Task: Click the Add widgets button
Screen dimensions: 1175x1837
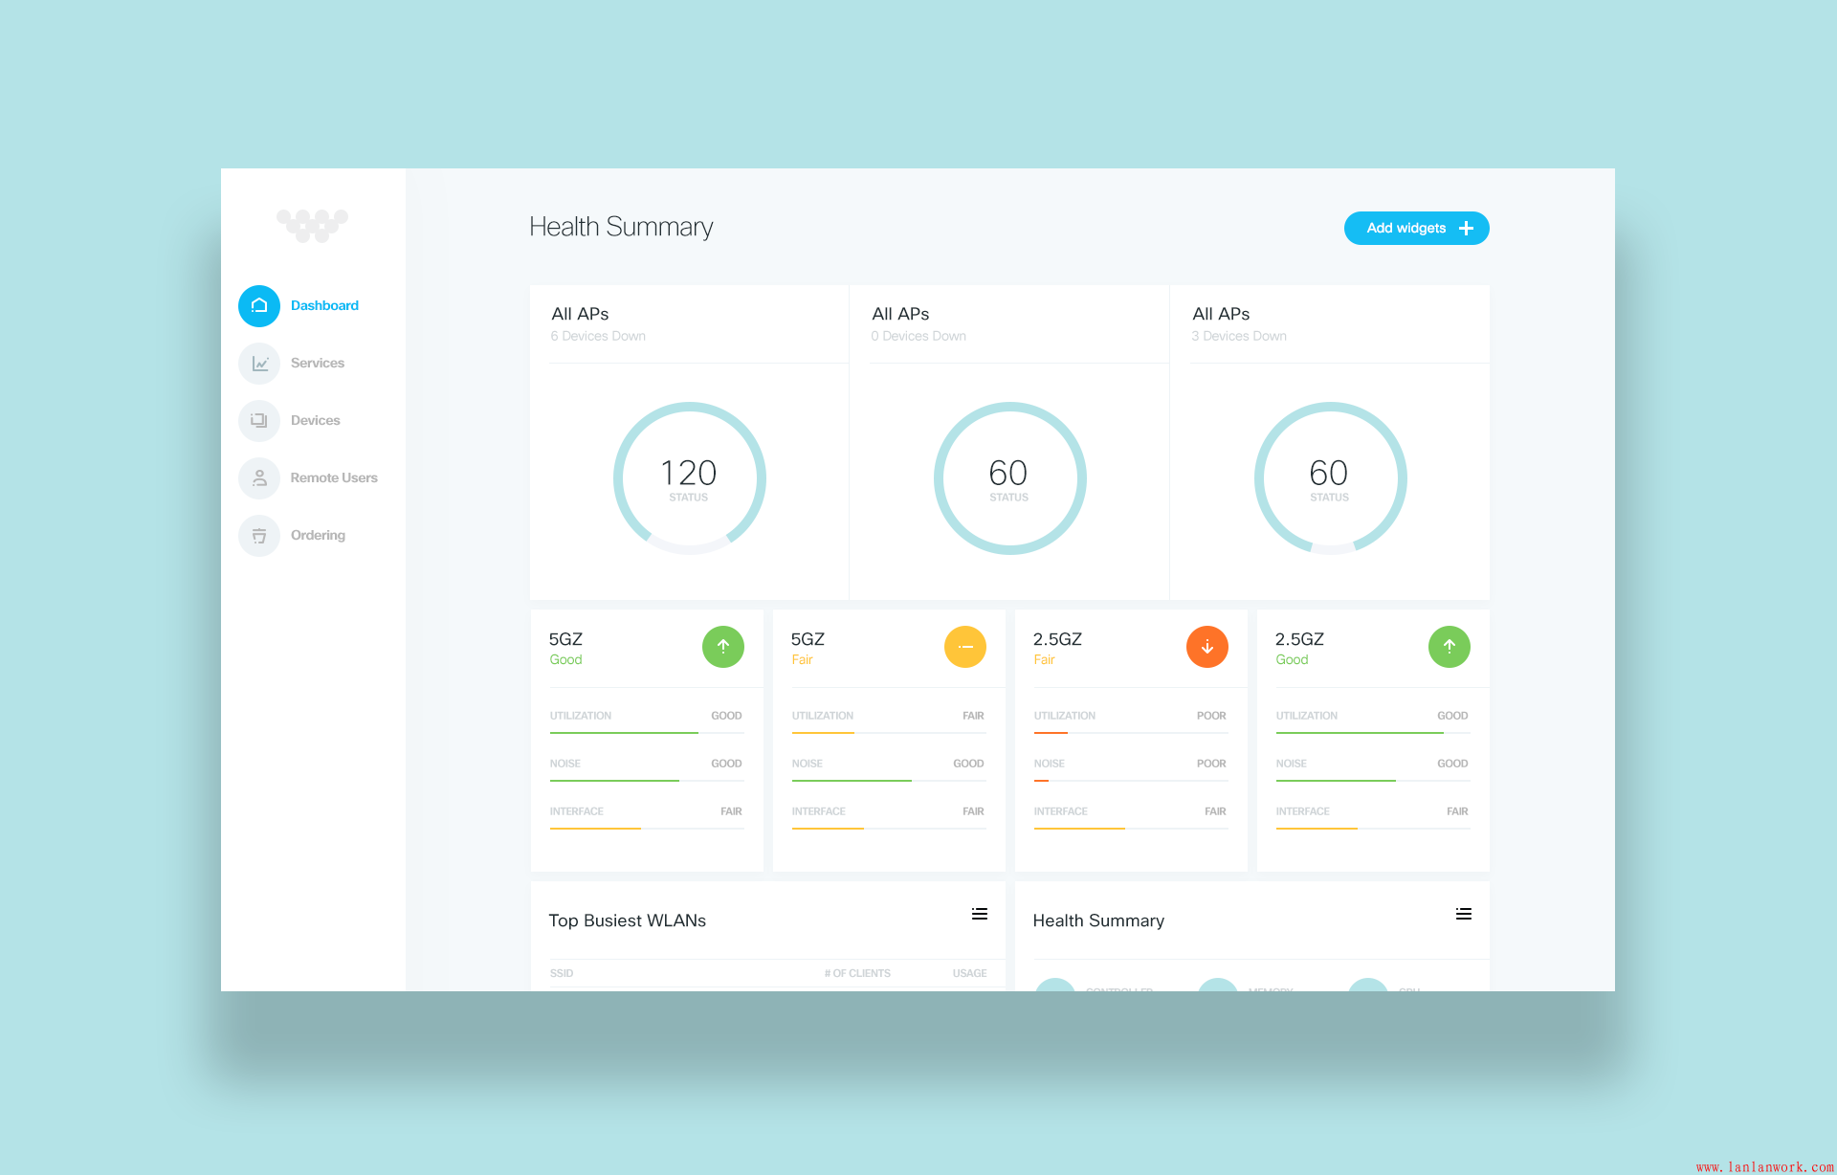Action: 1416,229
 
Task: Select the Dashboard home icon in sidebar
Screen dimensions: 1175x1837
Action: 259,306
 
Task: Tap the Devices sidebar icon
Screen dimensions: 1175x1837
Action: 259,421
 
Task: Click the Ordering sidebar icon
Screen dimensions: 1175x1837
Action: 259,536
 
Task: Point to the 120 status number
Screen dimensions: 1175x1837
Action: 689,473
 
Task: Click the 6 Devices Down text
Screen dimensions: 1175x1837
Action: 598,337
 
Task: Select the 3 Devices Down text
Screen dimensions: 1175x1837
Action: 1239,337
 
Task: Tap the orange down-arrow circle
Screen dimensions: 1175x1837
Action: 1207,647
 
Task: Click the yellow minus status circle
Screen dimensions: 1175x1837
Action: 965,647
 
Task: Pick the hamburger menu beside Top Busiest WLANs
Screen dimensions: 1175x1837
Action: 980,914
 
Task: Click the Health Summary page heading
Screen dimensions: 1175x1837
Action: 621,227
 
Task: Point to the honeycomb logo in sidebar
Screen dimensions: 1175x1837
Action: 312,226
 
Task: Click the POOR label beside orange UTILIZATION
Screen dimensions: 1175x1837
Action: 1211,716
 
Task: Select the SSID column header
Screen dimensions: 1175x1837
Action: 562,973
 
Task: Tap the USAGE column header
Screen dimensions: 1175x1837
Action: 969,973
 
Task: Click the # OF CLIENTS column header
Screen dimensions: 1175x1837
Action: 857,973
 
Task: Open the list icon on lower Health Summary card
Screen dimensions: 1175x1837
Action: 1464,914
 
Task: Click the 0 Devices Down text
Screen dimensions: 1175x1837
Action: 918,337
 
